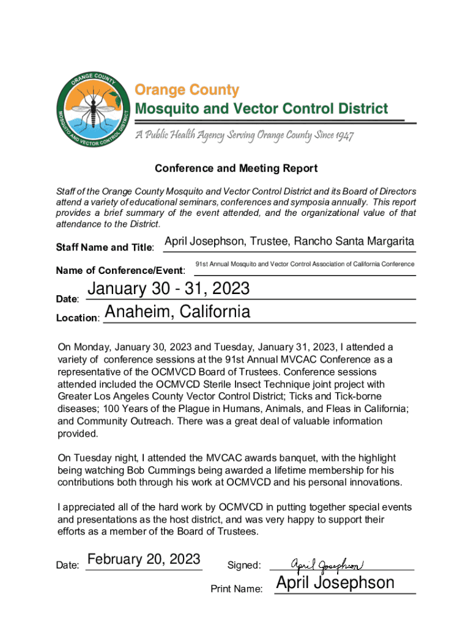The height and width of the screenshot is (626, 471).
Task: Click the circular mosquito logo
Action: (92, 111)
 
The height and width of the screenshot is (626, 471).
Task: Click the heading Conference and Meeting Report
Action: (236, 168)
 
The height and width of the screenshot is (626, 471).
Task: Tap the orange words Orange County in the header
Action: (187, 90)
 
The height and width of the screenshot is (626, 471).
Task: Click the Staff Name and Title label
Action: (105, 248)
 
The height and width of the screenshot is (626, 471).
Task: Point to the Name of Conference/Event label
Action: (121, 270)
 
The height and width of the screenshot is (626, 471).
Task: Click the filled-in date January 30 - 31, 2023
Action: (169, 289)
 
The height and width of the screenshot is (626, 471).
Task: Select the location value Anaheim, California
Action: (177, 312)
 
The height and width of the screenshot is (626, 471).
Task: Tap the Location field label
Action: (78, 319)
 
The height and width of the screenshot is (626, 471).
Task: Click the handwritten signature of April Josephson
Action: (327, 563)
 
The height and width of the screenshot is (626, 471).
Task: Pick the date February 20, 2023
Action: (144, 559)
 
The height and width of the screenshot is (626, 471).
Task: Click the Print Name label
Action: (237, 589)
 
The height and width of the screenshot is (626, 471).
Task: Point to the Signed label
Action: (244, 565)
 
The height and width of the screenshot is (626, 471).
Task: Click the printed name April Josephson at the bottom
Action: (335, 583)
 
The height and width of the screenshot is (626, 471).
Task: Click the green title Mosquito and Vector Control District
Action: (261, 109)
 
